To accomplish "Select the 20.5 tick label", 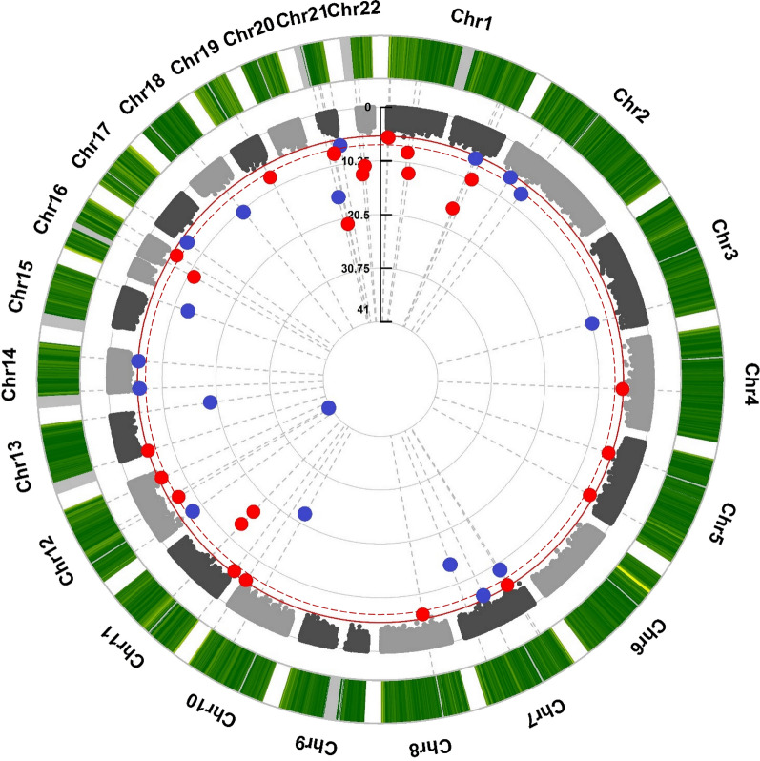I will (x=358, y=216).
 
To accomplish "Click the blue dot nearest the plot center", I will (x=329, y=407).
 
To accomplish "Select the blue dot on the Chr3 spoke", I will (x=591, y=323).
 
